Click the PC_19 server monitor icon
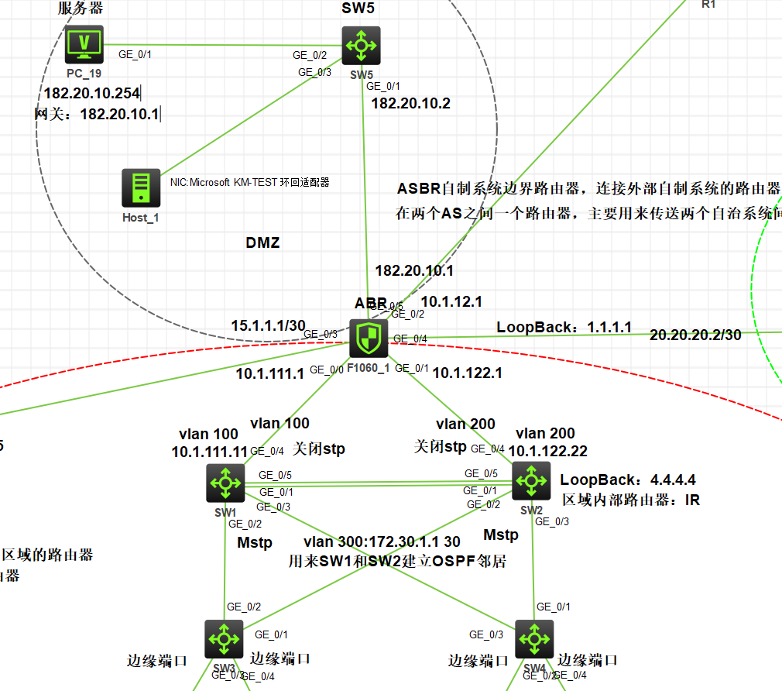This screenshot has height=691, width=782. click(x=84, y=44)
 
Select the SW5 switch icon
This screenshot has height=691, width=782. click(x=361, y=46)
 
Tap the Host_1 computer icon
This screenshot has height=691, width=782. click(x=141, y=188)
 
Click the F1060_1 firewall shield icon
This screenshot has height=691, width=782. click(x=369, y=339)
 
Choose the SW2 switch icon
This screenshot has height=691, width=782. click(x=531, y=481)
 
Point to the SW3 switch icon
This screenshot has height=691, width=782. click(x=225, y=638)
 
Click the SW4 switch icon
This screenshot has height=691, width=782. click(x=534, y=638)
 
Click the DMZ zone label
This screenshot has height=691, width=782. click(x=262, y=242)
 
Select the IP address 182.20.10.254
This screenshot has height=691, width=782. click(x=91, y=94)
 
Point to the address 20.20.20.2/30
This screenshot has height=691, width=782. click(x=695, y=335)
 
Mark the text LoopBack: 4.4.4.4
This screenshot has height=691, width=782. click(x=628, y=480)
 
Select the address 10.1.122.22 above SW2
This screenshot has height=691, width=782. click(x=547, y=451)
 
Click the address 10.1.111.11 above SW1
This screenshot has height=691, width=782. click(x=209, y=451)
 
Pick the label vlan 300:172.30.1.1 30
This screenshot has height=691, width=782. click(x=382, y=541)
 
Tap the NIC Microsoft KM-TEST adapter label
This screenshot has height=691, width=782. click(x=249, y=183)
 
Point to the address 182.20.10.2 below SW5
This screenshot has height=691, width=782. click(x=411, y=103)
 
